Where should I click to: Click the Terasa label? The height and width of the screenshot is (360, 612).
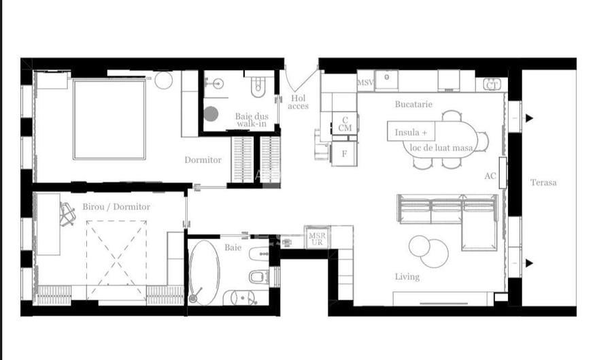tap(543, 182)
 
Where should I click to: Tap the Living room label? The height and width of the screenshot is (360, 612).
tap(407, 277)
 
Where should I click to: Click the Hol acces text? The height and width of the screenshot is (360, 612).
tap(298, 102)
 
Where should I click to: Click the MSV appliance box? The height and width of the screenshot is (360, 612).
tap(366, 81)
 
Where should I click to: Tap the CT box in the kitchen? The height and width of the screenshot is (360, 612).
tap(492, 84)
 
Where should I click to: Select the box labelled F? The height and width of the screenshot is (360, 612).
tap(344, 154)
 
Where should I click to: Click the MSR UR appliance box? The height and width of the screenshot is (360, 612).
tap(317, 238)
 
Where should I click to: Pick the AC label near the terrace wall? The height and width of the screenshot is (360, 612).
tap(490, 176)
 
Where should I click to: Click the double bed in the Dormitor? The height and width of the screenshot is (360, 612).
tap(109, 120)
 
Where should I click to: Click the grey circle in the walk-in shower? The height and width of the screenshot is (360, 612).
tap(211, 114)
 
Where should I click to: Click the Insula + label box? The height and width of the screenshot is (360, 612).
tap(411, 132)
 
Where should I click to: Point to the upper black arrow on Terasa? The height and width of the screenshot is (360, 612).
tap(528, 118)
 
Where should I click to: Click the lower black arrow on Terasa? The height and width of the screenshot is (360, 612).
tap(528, 263)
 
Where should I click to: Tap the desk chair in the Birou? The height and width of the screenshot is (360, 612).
tap(67, 214)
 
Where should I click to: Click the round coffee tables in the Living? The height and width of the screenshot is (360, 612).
tap(428, 251)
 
